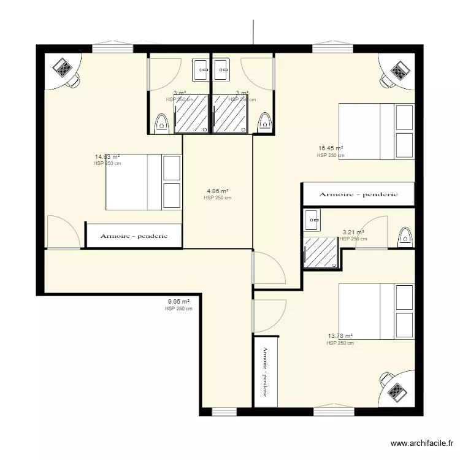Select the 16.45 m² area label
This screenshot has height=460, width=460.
[330, 148]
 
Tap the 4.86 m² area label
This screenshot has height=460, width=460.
[217, 191]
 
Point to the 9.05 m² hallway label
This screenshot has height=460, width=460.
[178, 302]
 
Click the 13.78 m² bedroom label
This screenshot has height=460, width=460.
[340, 336]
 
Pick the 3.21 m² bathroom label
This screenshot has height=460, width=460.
[353, 232]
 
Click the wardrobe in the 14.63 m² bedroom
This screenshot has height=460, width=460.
[133, 236]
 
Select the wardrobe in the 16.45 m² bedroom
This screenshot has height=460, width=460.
[358, 194]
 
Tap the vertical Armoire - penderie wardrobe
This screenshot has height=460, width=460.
[266, 372]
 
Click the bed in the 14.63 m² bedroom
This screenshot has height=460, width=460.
[144, 182]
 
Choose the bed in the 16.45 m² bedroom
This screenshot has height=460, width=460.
[377, 131]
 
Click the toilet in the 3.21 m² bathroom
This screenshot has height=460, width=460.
[404, 236]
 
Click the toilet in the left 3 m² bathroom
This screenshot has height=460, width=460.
[161, 123]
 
